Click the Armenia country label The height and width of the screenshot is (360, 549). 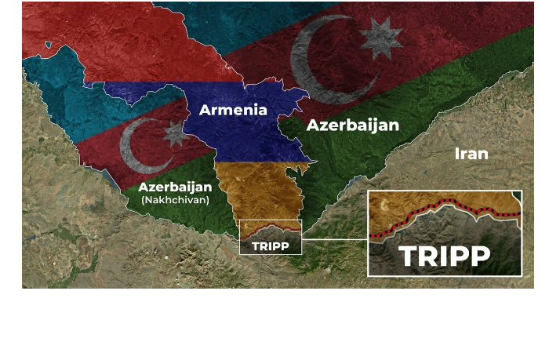click(233, 110)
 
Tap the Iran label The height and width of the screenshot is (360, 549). click(471, 153)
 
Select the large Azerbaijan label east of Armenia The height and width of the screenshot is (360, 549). click(353, 125)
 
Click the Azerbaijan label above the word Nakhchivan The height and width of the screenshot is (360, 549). click(175, 187)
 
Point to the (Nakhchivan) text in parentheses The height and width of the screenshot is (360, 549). click(175, 200)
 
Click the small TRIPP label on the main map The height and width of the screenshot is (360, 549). click(271, 246)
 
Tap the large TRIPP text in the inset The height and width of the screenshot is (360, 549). click(445, 256)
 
